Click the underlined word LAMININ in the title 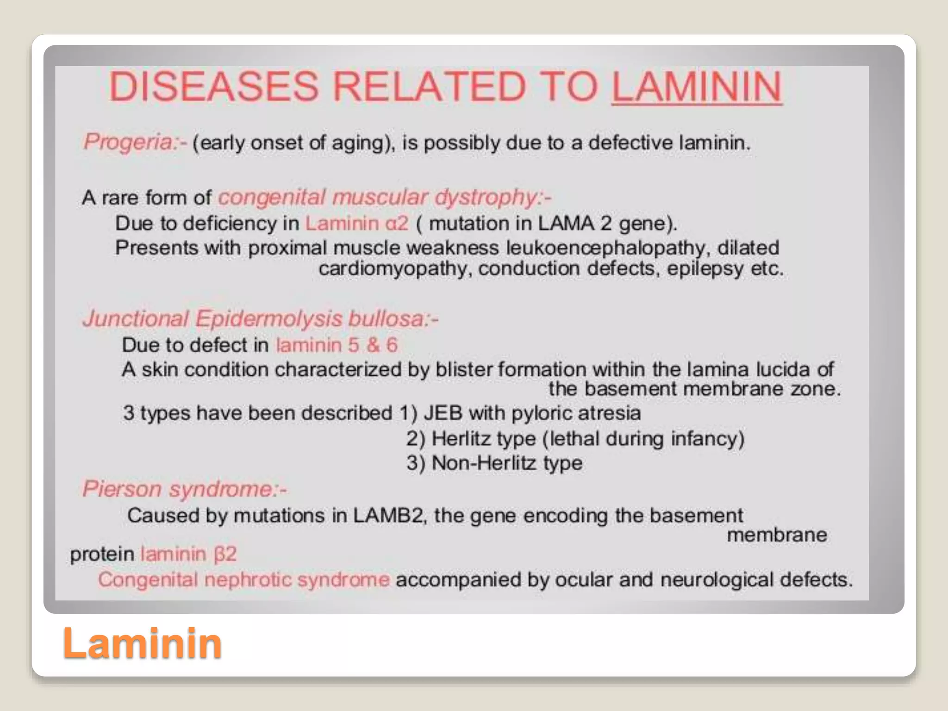point(697,87)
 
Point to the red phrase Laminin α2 point(356,224)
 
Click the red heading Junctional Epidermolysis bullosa point(259,319)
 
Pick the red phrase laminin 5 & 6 point(337,345)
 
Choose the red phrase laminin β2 point(188,554)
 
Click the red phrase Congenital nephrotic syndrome point(244,580)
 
